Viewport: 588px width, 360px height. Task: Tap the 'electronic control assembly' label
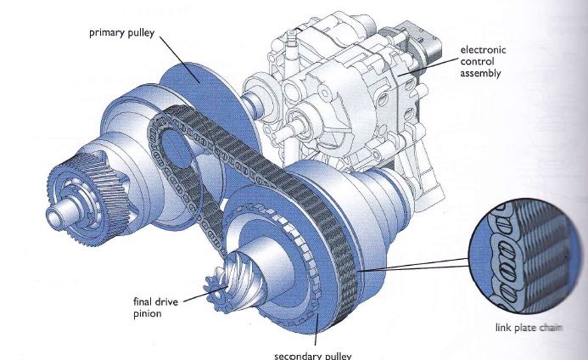tap(481, 62)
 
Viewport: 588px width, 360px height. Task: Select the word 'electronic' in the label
tap(482, 50)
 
